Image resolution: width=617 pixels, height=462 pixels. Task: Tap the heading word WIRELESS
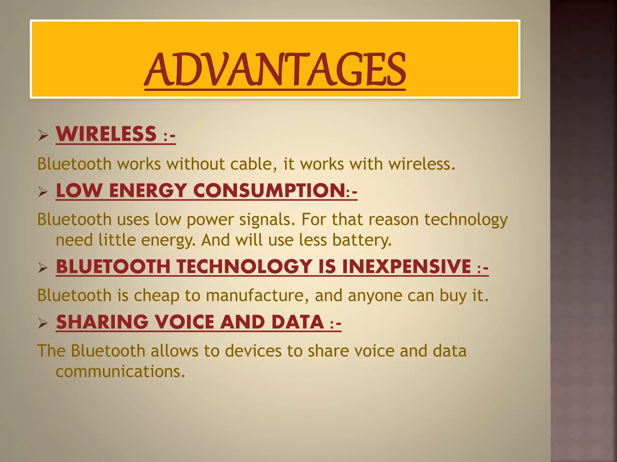(106, 134)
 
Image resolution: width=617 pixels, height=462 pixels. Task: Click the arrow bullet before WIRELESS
(43, 135)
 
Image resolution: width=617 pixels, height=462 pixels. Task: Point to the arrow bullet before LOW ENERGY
(43, 192)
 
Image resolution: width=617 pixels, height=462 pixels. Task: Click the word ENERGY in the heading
(148, 190)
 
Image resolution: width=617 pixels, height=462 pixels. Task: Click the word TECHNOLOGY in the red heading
(244, 266)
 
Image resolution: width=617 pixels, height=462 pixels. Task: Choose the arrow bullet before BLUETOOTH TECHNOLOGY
(43, 267)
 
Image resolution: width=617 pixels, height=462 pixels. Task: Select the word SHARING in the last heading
(102, 322)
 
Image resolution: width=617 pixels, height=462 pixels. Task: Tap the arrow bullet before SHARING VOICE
(43, 323)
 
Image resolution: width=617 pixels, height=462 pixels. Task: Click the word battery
(362, 240)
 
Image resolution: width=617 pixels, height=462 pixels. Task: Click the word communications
(120, 371)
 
